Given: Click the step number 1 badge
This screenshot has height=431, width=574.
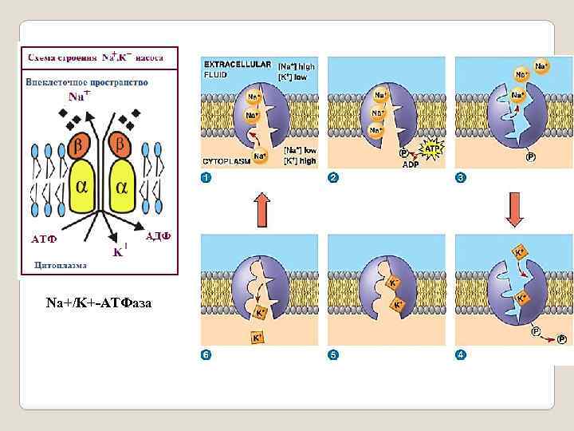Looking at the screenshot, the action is pyautogui.click(x=206, y=177).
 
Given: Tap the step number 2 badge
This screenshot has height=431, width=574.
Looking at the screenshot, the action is pyautogui.click(x=333, y=177).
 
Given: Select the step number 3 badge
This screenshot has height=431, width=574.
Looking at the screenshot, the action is pyautogui.click(x=460, y=177).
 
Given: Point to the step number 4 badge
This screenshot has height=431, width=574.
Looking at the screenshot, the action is pyautogui.click(x=460, y=354).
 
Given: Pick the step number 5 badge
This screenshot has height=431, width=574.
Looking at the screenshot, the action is pyautogui.click(x=333, y=354).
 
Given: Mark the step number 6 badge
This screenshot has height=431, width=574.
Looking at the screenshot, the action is pyautogui.click(x=206, y=354).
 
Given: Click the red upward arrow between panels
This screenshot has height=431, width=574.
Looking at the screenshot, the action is pyautogui.click(x=261, y=209).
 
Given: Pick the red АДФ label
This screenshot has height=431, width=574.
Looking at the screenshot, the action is pyautogui.click(x=159, y=235).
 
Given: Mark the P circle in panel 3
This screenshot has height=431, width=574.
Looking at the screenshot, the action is pyautogui.click(x=530, y=157).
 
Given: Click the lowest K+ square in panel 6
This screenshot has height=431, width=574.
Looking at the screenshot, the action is pyautogui.click(x=258, y=338).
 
